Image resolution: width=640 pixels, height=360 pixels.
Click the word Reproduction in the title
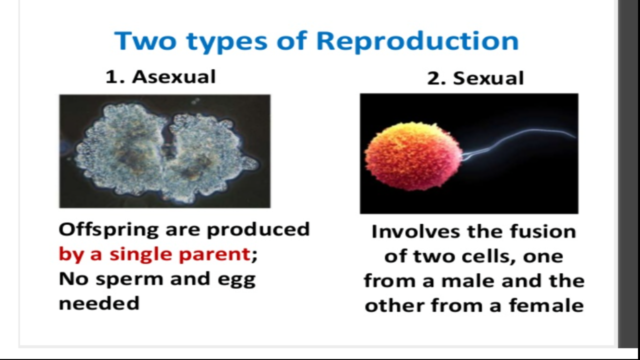417,41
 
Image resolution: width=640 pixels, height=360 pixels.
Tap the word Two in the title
145,41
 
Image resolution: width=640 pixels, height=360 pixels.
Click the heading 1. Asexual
160,77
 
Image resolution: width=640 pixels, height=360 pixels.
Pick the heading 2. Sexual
475,78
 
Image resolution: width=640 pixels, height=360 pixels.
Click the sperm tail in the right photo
525,137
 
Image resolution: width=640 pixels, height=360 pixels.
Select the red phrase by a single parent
154,254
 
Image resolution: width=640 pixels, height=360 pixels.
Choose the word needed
98,303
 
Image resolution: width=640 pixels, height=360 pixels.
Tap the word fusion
542,231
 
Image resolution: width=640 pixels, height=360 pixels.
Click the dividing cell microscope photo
164,151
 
